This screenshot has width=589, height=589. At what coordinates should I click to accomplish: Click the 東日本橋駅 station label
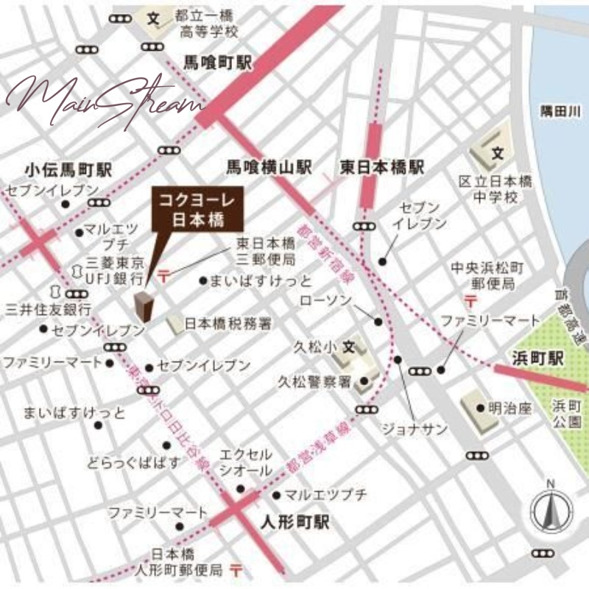click(x=382, y=168)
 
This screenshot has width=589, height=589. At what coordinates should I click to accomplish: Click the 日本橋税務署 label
click(x=228, y=322)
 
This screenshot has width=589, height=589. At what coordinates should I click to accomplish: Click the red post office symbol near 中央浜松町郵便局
click(x=471, y=300)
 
